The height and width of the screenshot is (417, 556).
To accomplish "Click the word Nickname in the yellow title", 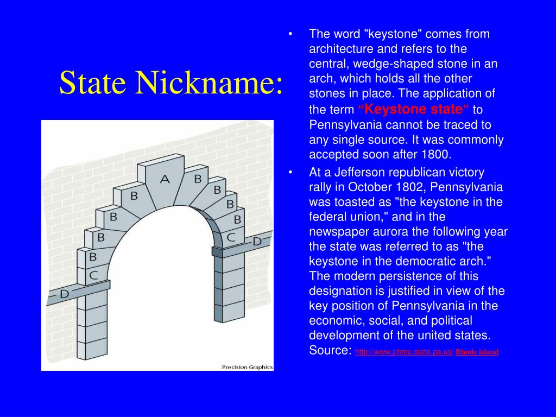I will pos(209,83).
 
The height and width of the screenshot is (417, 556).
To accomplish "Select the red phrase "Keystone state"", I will pos(414,109).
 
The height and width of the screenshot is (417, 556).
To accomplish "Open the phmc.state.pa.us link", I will pos(404,352).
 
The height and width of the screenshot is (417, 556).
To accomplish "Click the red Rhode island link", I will pos(477,352).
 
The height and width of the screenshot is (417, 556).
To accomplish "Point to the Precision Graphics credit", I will pos(247,367).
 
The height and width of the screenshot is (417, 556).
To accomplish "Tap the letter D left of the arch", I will pos(64,294).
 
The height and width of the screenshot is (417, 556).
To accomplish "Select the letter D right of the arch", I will pos(257,241).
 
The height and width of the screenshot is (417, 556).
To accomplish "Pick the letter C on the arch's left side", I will pos(93,275).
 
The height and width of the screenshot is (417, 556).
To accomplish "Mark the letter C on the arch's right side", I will pos(231,237).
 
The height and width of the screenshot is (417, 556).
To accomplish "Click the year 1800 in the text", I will pos(435,155).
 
